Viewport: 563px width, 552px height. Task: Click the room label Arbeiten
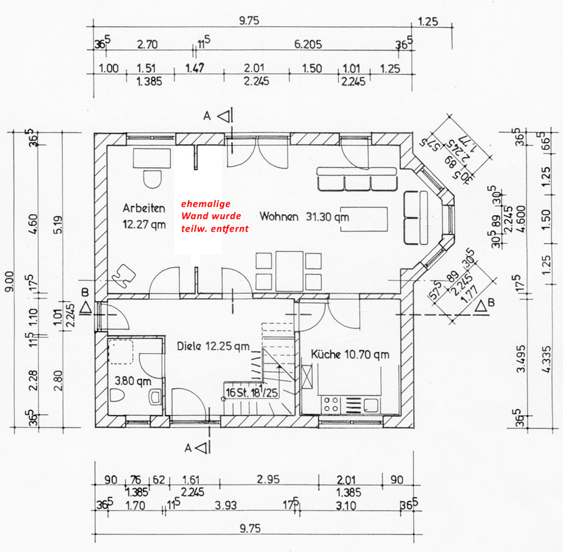click(144, 208)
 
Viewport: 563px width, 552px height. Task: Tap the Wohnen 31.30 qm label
click(304, 216)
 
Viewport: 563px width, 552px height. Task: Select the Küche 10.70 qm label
click(350, 354)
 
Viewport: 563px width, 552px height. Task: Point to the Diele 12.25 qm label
click(213, 346)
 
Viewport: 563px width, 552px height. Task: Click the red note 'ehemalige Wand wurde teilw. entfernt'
click(215, 216)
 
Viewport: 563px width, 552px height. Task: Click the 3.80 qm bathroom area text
click(133, 381)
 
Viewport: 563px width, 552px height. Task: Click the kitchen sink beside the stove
click(371, 405)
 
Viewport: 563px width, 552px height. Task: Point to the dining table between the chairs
click(289, 271)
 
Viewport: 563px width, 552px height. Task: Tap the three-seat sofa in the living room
click(357, 179)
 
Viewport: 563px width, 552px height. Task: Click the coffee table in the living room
click(364, 219)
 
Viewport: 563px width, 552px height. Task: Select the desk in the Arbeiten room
click(152, 158)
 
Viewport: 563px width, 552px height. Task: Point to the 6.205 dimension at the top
click(308, 44)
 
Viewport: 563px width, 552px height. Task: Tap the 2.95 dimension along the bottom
click(268, 479)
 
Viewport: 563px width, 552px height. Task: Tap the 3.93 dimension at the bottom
click(226, 505)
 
